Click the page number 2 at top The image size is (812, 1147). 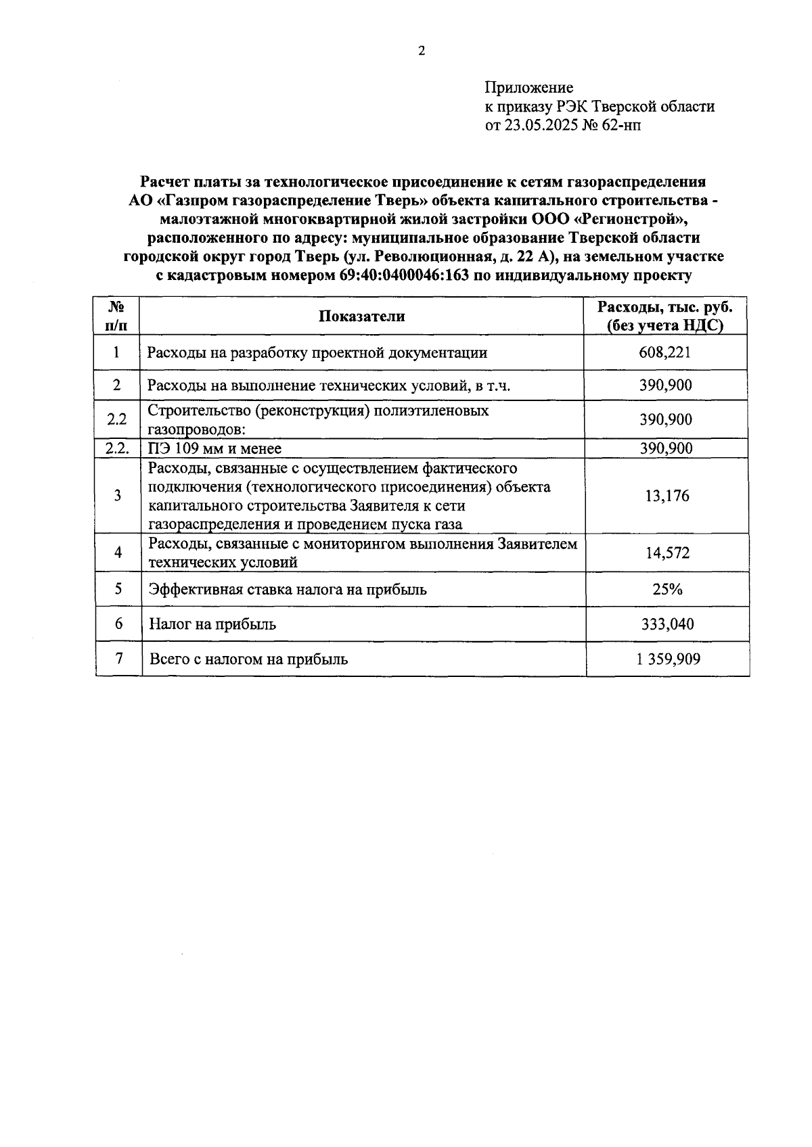[x=422, y=51]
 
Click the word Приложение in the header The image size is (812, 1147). [x=528, y=88]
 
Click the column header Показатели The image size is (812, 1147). [x=362, y=317]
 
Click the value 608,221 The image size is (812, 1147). [x=665, y=352]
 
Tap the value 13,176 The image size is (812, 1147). [x=667, y=496]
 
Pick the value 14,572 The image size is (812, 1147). [x=667, y=553]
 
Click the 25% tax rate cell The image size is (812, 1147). [x=667, y=589]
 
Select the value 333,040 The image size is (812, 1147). [x=667, y=624]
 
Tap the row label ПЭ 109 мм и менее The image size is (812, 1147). [x=215, y=448]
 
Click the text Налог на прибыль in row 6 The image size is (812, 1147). [x=212, y=624]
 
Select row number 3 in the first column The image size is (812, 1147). [x=117, y=496]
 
